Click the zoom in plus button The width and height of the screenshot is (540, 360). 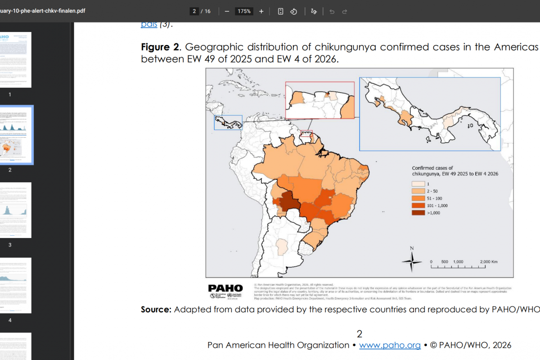(261, 11)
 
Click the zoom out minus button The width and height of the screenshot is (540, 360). (227, 11)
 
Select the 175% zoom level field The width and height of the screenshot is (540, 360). (244, 11)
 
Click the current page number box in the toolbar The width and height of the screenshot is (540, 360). (194, 11)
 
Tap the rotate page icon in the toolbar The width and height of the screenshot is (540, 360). (293, 11)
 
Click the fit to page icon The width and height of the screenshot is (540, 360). (280, 11)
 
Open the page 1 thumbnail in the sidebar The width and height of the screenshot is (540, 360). (16, 60)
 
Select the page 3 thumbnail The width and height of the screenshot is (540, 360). (16, 210)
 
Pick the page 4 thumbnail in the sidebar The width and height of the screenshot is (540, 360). (16, 285)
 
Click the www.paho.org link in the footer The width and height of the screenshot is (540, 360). (390, 345)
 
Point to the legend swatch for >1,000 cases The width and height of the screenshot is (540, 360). (418, 213)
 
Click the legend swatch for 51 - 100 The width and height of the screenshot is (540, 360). (418, 198)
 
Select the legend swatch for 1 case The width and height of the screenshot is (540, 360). (418, 184)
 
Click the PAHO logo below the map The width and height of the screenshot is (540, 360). (225, 288)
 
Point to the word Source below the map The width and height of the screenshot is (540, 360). (156, 310)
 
